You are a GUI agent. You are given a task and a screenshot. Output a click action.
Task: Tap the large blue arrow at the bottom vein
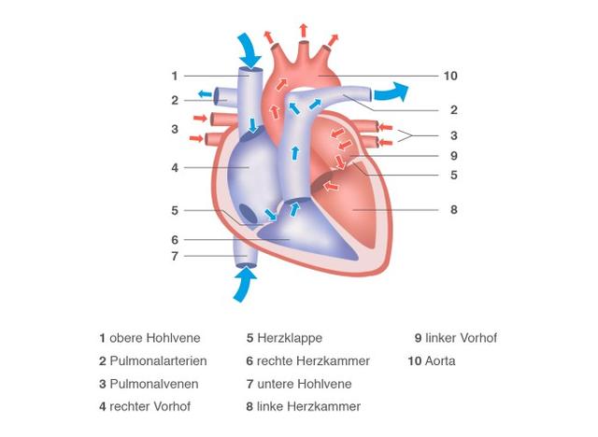point(243,284)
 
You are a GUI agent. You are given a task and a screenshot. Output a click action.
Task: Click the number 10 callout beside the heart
point(451,75)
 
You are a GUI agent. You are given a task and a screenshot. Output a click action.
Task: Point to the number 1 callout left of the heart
point(175,76)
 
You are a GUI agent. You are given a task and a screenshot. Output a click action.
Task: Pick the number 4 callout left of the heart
point(175,168)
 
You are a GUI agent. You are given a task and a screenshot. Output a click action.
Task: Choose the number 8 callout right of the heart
point(454,210)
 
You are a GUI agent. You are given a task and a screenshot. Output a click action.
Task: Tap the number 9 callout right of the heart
point(452,156)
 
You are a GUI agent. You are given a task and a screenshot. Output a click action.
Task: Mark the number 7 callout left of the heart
point(175,255)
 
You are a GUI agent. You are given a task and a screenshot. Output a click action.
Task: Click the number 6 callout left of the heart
point(175,239)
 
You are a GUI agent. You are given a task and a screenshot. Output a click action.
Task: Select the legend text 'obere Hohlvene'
point(155,338)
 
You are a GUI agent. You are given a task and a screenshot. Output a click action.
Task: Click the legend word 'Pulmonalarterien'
point(158,360)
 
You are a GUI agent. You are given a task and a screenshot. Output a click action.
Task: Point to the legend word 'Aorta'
point(439,360)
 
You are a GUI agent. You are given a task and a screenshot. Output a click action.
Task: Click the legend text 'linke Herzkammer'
point(309,406)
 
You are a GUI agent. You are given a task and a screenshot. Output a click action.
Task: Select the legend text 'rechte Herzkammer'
point(314,360)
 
